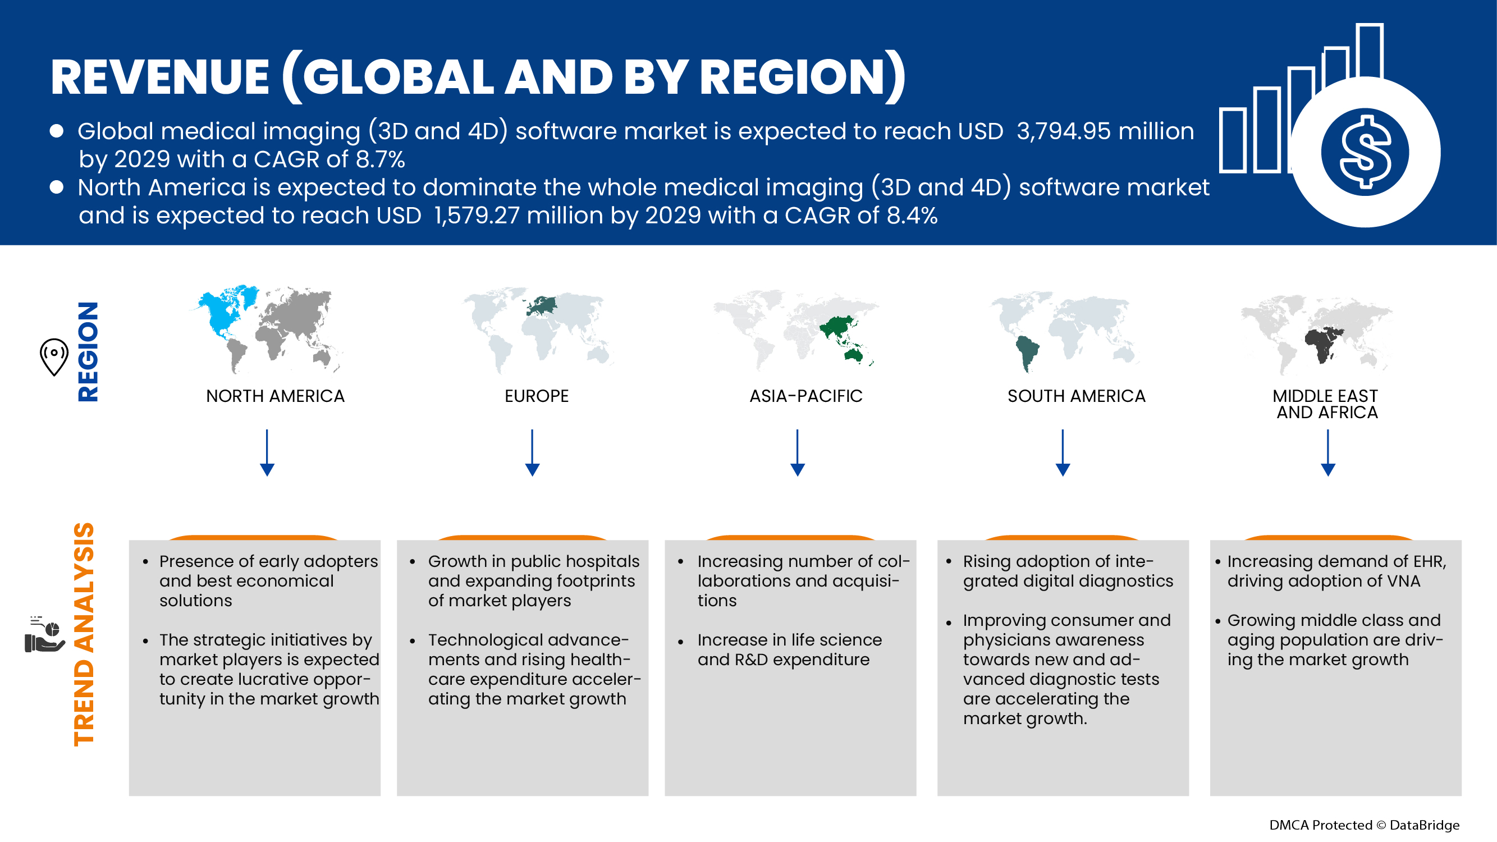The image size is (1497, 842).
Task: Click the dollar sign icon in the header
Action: (x=1365, y=152)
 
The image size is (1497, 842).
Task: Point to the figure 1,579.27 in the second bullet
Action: (x=477, y=216)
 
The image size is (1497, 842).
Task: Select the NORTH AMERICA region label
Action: (x=275, y=396)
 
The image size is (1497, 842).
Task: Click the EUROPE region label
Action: (x=537, y=396)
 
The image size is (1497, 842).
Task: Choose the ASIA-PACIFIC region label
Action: (x=805, y=396)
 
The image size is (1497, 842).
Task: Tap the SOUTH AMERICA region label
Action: (x=1076, y=396)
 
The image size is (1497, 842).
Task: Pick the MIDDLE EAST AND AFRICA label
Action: (x=1326, y=404)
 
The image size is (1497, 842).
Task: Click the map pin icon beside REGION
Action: (x=54, y=356)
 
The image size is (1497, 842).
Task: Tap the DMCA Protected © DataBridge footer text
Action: (x=1364, y=825)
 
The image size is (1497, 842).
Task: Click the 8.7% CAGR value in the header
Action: (x=380, y=159)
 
